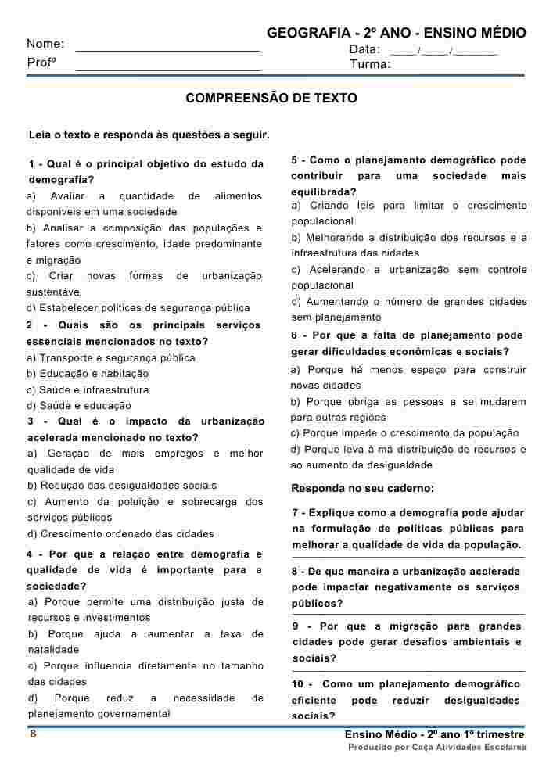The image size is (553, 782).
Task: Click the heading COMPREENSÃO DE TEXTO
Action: click(271, 99)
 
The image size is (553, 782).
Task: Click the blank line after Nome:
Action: click(167, 48)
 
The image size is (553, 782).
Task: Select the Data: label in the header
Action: click(364, 49)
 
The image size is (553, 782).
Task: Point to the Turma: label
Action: click(370, 64)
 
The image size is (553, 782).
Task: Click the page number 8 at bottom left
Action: click(33, 734)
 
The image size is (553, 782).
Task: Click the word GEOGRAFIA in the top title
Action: click(308, 33)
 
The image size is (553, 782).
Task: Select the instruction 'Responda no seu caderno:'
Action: click(362, 489)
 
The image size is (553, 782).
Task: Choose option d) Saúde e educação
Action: click(79, 406)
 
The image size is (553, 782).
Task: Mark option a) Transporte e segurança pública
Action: click(111, 358)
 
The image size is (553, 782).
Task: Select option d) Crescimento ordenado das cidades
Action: click(120, 534)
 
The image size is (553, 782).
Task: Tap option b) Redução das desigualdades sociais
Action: click(122, 486)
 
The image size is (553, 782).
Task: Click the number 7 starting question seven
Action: click(295, 513)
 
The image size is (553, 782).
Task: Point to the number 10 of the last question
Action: click(300, 684)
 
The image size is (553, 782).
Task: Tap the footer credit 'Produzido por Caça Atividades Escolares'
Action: click(437, 748)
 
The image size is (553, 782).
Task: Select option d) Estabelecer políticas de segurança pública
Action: click(138, 308)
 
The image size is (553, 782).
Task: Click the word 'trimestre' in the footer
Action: click(497, 735)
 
